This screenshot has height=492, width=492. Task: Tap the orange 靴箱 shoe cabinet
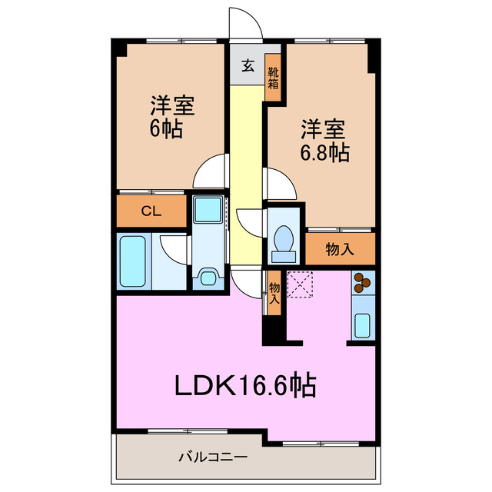(273, 78)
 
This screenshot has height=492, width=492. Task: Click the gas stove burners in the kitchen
(362, 284)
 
